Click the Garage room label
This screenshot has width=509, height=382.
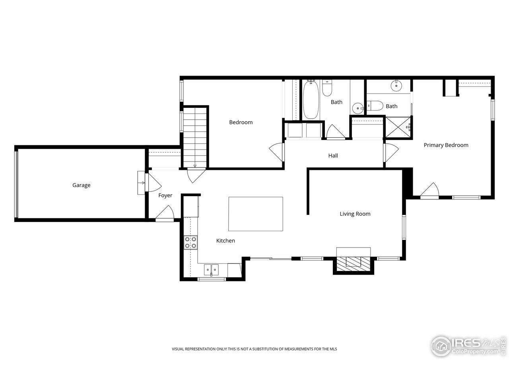[81, 185]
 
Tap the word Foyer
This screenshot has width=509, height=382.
[165, 195]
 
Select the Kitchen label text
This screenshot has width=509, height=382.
[225, 240]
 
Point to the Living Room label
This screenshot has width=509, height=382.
[355, 214]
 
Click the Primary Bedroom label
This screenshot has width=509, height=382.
[446, 145]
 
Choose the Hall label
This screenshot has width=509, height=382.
[333, 156]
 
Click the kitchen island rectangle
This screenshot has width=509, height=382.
[255, 214]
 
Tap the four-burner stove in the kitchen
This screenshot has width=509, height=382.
[190, 242]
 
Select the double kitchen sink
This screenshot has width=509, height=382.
[211, 270]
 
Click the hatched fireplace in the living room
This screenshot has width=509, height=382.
[353, 264]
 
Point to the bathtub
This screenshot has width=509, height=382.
[311, 100]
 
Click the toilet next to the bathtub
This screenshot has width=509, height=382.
[327, 88]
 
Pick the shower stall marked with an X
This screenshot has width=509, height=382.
[398, 127]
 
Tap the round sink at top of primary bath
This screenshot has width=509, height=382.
[396, 86]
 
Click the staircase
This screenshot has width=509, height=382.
[195, 137]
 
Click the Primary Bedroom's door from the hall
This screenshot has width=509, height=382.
[391, 153]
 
